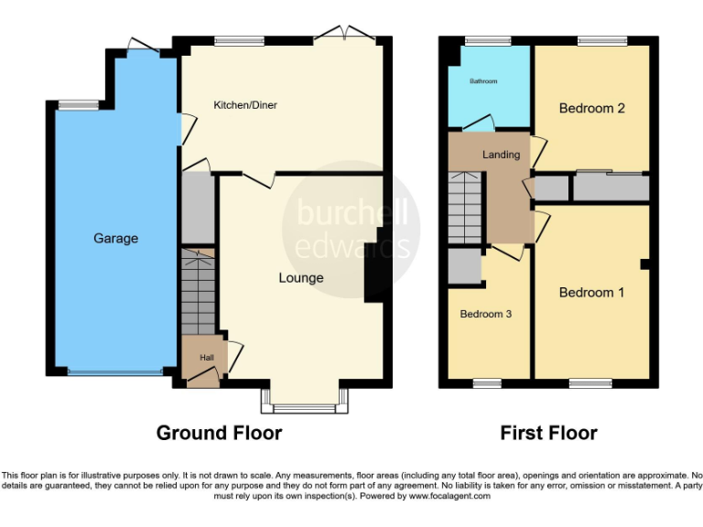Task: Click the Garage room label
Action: (x=115, y=239)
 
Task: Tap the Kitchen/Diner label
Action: (x=245, y=105)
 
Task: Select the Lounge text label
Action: (x=301, y=278)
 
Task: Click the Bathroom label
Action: (x=483, y=81)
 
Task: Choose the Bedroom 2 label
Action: (x=591, y=108)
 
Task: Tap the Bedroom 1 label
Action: (x=591, y=293)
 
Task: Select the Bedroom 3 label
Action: (x=485, y=314)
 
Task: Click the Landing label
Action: (x=501, y=155)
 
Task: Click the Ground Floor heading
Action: (x=219, y=433)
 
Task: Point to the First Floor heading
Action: (x=548, y=433)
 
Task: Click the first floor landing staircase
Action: (x=465, y=209)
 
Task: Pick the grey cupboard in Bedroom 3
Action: (x=464, y=266)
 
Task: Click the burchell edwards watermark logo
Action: (x=352, y=230)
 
